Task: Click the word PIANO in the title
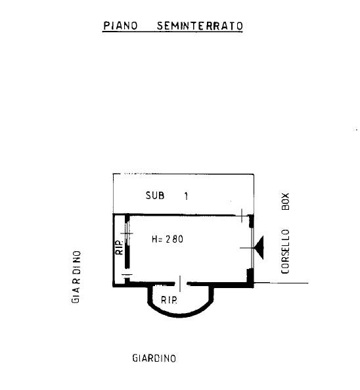[120, 26]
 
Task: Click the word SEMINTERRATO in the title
[200, 26]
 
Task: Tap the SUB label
[155, 195]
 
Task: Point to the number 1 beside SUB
[186, 196]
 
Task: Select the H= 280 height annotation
[168, 239]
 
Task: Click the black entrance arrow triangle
[259, 248]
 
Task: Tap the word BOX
[286, 201]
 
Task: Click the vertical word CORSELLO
[286, 251]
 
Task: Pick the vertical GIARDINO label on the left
[76, 277]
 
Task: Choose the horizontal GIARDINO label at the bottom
[154, 358]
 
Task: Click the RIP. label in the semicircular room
[169, 300]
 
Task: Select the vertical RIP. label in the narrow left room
[120, 247]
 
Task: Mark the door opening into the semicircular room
[181, 283]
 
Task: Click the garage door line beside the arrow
[252, 248]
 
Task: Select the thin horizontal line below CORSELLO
[281, 283]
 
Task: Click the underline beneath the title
[172, 32]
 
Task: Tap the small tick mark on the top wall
[242, 216]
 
